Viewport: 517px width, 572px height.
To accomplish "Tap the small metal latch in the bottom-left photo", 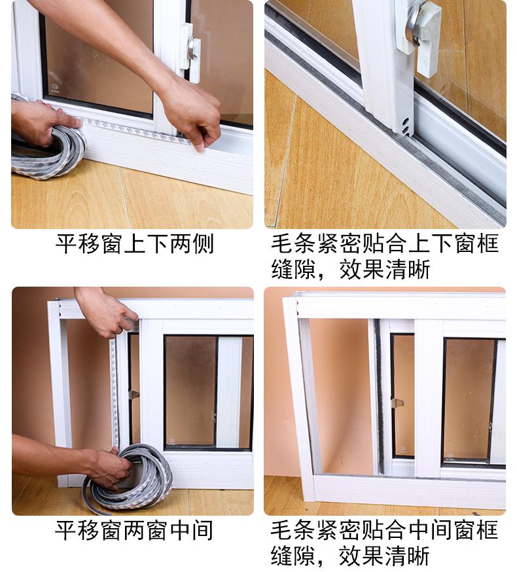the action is [134, 395].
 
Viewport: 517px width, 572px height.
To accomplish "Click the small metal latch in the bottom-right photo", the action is [398, 403].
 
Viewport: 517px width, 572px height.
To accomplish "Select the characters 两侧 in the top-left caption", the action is [191, 244].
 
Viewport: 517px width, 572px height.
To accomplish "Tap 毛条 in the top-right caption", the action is [293, 243].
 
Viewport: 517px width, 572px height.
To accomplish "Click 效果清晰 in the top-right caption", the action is [385, 270].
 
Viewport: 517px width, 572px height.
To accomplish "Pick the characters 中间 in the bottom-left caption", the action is [191, 530].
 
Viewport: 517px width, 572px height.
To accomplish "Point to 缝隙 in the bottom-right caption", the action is [293, 556].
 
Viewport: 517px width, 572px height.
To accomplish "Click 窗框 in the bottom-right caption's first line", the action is [476, 530].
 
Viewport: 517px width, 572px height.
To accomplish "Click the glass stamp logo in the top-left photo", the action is [55, 88].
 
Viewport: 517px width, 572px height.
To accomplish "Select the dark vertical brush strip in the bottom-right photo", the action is [380, 396].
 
